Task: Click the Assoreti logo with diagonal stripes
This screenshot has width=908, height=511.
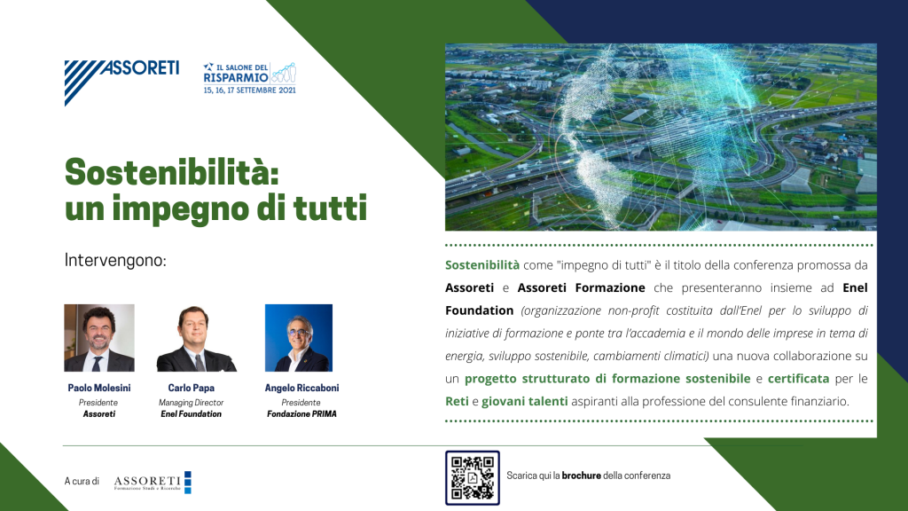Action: click(x=121, y=83)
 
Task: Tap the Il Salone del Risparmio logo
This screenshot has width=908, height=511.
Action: click(x=249, y=78)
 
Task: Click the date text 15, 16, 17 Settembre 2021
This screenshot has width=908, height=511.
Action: click(x=249, y=90)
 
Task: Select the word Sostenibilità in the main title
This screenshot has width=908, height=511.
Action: click(x=171, y=172)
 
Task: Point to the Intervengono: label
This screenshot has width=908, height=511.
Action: click(x=115, y=260)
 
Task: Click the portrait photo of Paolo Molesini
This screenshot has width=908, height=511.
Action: click(x=99, y=338)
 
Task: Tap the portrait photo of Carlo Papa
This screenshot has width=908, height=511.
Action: click(x=196, y=338)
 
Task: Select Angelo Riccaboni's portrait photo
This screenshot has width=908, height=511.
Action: click(x=299, y=338)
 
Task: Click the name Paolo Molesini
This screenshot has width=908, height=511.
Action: click(x=99, y=388)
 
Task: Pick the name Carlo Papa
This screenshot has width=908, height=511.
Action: click(x=192, y=388)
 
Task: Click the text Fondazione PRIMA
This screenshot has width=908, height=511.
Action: click(x=301, y=413)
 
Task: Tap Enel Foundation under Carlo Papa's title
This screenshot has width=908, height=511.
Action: click(x=192, y=413)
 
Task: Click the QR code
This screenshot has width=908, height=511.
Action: click(x=473, y=478)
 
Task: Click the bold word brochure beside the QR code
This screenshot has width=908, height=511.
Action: click(x=582, y=476)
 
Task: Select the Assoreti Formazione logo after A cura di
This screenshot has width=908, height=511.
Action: click(x=153, y=482)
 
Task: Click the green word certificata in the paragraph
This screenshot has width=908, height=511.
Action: click(x=799, y=379)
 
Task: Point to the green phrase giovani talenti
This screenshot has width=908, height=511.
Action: click(x=525, y=402)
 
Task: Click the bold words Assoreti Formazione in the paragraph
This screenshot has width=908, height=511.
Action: click(x=581, y=288)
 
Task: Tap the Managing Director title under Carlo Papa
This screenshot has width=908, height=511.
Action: click(x=192, y=402)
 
